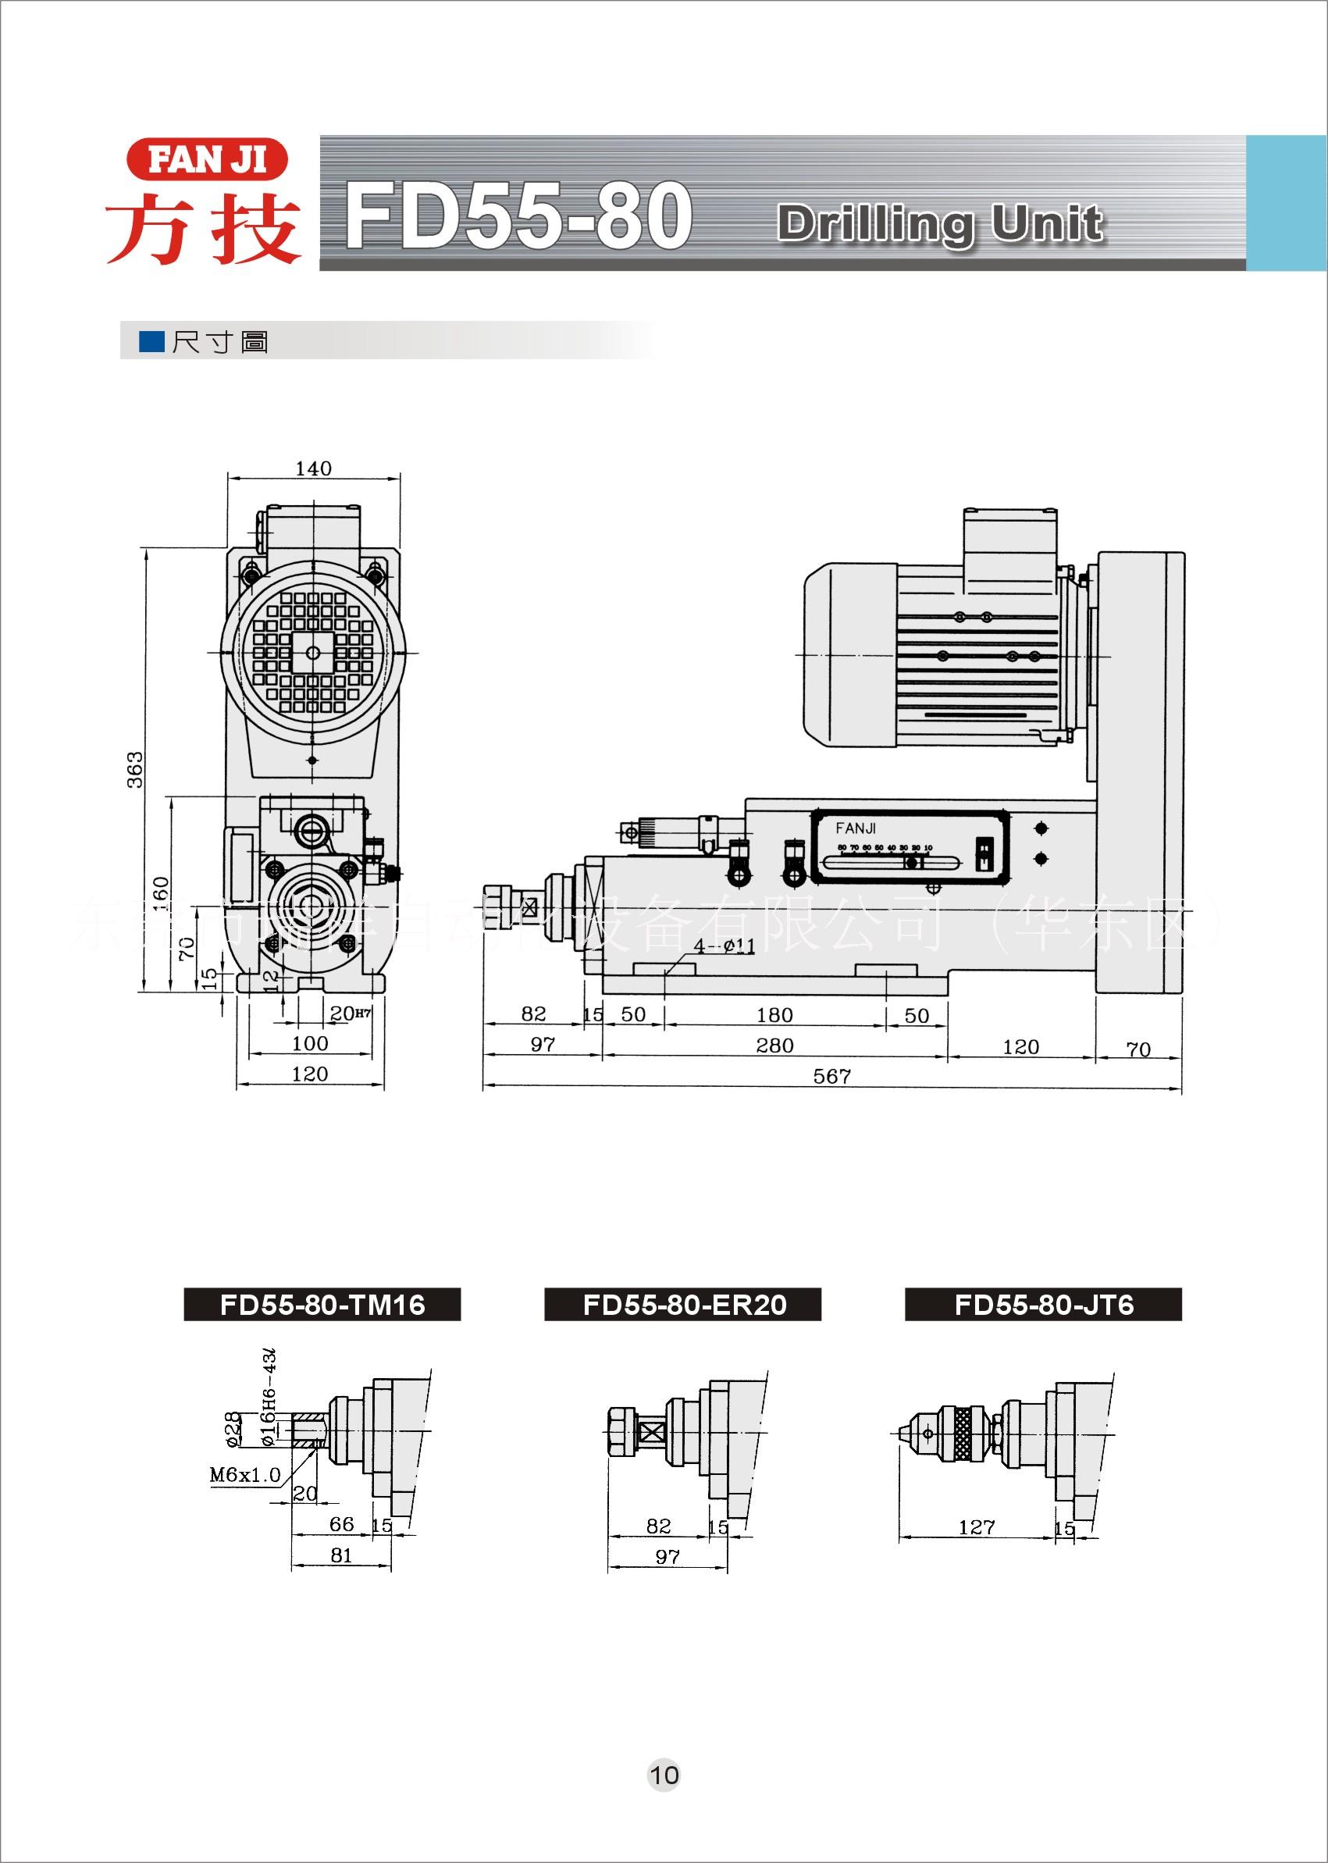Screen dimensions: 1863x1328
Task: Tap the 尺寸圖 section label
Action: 219,342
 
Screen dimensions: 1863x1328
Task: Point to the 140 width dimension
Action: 313,468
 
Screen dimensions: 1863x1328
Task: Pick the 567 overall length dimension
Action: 831,1076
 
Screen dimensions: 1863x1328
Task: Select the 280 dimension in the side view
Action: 774,1045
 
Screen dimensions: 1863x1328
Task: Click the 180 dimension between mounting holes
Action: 774,1015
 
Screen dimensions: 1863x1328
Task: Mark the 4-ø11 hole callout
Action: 725,947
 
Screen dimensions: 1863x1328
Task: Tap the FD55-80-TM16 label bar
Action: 322,1305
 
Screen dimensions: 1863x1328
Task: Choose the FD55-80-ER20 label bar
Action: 684,1305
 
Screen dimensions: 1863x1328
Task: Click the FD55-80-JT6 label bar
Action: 1043,1305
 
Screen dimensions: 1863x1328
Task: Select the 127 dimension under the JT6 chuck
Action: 976,1527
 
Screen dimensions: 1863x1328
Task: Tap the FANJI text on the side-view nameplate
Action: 856,828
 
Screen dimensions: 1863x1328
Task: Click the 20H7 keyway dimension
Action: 350,1013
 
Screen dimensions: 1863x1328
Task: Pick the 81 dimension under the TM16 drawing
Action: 341,1555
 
